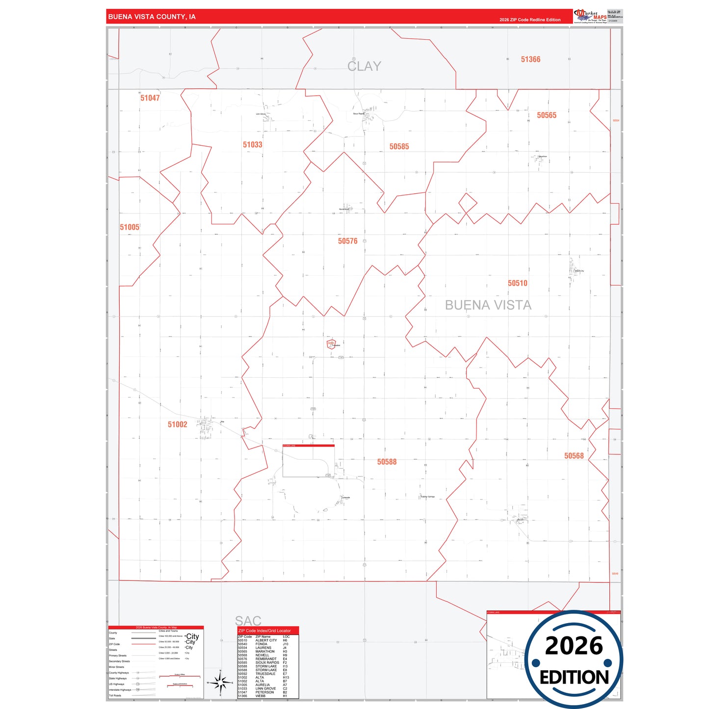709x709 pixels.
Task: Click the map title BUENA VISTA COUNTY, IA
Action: pyautogui.click(x=152, y=17)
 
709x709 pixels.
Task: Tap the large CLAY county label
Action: pyautogui.click(x=364, y=66)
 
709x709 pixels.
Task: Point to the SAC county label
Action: pyautogui.click(x=248, y=621)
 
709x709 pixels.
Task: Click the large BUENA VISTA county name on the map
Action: pyautogui.click(x=488, y=305)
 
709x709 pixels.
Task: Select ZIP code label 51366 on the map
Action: pyautogui.click(x=530, y=59)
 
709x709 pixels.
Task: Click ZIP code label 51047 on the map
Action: pyautogui.click(x=150, y=98)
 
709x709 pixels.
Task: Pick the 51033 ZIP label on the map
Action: pyautogui.click(x=252, y=145)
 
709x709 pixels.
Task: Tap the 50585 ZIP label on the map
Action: pyautogui.click(x=399, y=147)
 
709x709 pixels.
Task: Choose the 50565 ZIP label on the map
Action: pyautogui.click(x=546, y=115)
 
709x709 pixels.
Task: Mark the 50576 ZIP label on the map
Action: pyautogui.click(x=347, y=241)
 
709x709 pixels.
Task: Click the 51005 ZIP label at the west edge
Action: pyautogui.click(x=130, y=227)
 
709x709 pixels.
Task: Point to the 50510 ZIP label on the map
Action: pyautogui.click(x=517, y=283)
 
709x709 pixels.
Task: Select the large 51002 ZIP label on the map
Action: pyautogui.click(x=177, y=424)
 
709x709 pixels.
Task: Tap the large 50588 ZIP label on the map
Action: pyautogui.click(x=387, y=462)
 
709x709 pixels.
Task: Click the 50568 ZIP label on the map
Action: pyautogui.click(x=574, y=456)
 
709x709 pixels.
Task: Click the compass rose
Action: pyautogui.click(x=220, y=683)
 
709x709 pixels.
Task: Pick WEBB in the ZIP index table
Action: pyautogui.click(x=261, y=696)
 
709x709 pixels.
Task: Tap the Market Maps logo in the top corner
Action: pyautogui.click(x=590, y=16)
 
